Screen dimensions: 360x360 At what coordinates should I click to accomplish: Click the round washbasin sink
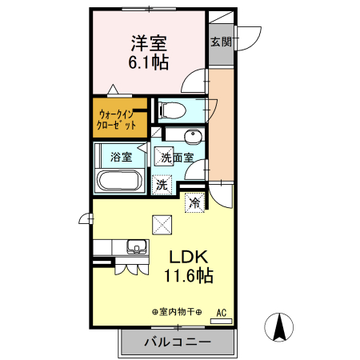pyautogui.click(x=191, y=135)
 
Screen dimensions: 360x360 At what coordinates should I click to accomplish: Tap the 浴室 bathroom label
pyautogui.click(x=121, y=157)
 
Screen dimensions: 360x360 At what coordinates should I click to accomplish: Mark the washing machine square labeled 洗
pyautogui.click(x=162, y=184)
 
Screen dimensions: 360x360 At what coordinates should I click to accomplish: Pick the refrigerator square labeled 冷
pyautogui.click(x=194, y=203)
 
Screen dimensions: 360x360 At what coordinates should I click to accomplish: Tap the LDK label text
pyautogui.click(x=188, y=257)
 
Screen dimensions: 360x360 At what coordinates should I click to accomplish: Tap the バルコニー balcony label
pyautogui.click(x=178, y=342)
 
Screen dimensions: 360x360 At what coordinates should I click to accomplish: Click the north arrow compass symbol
pyautogui.click(x=281, y=327)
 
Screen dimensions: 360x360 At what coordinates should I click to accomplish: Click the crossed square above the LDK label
pyautogui.click(x=162, y=226)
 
